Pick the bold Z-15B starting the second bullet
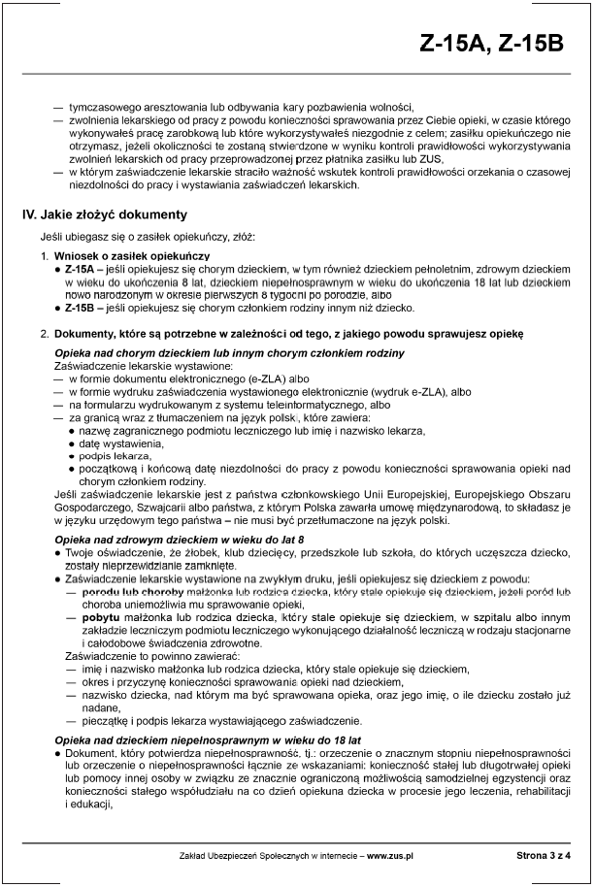click(x=81, y=309)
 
